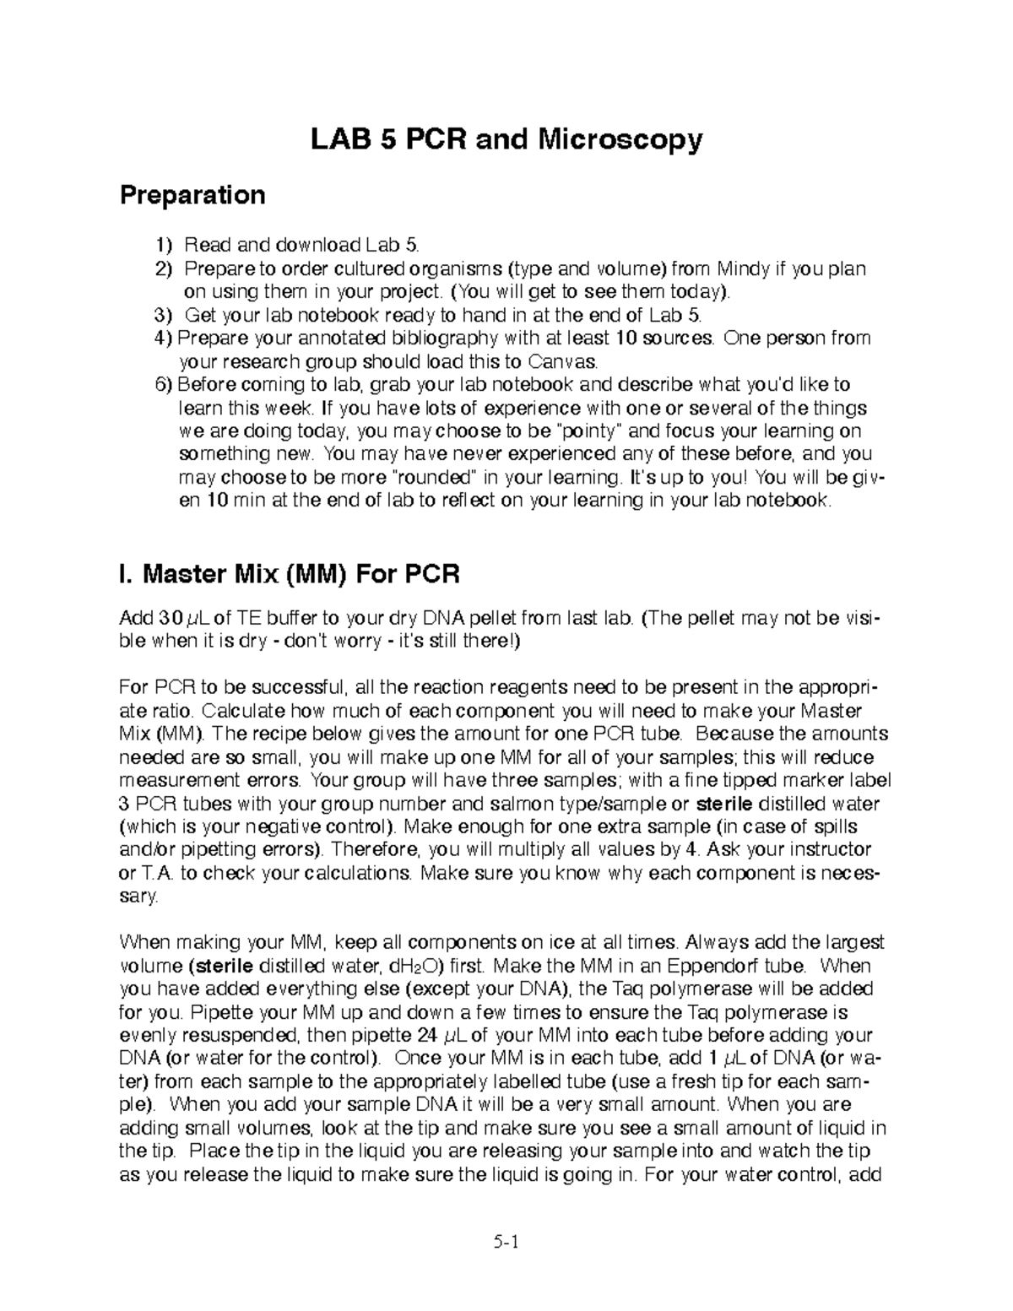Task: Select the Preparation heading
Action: [x=192, y=196]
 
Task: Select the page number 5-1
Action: [x=506, y=1243]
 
